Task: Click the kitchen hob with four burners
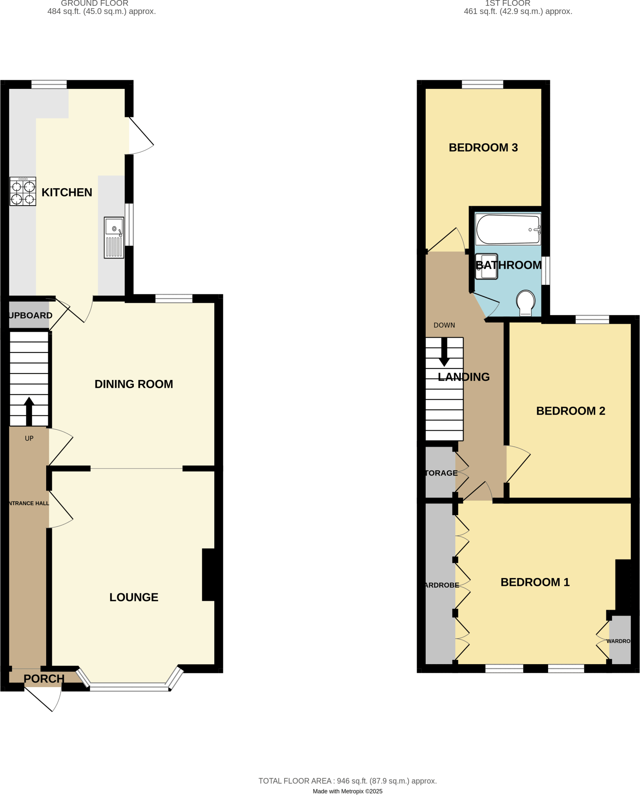click(x=23, y=191)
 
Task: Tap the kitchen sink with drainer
click(x=114, y=238)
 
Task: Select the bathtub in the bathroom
click(x=508, y=229)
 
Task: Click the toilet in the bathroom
click(x=526, y=302)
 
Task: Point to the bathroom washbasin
click(x=486, y=266)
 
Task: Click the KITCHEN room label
click(x=67, y=192)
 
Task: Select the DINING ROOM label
click(x=134, y=384)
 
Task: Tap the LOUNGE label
click(x=134, y=597)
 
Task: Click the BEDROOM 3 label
click(x=483, y=148)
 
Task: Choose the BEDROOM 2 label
click(x=571, y=411)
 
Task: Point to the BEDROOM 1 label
click(x=535, y=582)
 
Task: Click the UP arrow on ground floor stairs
click(x=29, y=411)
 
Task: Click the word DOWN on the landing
click(x=444, y=325)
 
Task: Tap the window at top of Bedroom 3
click(x=482, y=84)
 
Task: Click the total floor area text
click(x=347, y=781)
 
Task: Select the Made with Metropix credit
click(x=347, y=791)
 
